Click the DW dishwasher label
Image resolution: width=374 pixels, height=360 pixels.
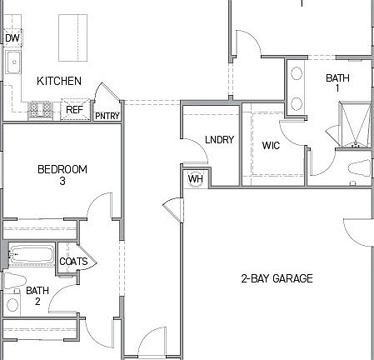[12, 38]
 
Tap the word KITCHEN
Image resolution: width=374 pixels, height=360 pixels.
[59, 81]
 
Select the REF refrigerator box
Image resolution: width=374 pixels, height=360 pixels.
[75, 109]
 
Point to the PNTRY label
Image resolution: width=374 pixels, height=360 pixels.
[106, 116]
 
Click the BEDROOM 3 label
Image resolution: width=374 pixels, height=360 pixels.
[62, 175]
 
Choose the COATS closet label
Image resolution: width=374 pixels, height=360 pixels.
[73, 262]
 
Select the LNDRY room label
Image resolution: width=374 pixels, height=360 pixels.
[219, 140]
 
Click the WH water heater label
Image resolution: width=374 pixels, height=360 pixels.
[195, 178]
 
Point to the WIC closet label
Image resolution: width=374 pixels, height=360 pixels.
[271, 145]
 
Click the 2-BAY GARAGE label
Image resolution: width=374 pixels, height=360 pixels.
[277, 278]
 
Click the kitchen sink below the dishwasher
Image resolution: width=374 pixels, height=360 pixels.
[12, 62]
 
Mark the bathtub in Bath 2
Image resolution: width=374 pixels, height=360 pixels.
[31, 254]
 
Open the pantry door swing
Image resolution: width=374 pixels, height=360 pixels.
[104, 93]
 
